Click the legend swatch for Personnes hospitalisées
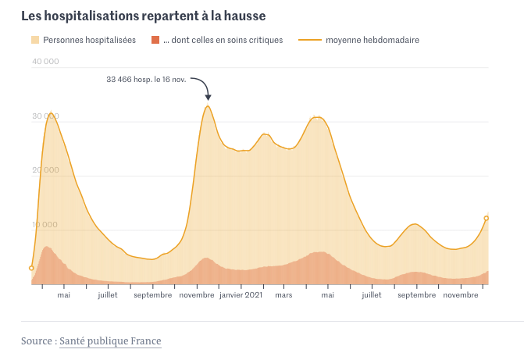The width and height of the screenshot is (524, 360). pyautogui.click(x=35, y=40)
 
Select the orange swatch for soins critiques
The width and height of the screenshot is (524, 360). pyautogui.click(x=155, y=40)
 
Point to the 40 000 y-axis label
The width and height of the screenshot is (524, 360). pyautogui.click(x=46, y=62)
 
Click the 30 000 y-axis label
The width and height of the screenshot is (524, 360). pyautogui.click(x=46, y=116)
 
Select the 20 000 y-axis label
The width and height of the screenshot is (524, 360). pyautogui.click(x=46, y=170)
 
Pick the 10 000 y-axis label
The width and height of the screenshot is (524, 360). pyautogui.click(x=46, y=225)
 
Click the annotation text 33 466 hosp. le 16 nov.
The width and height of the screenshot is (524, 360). pyautogui.click(x=146, y=80)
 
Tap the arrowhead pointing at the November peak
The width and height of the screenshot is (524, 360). pyautogui.click(x=209, y=98)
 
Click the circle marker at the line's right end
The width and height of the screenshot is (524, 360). pyautogui.click(x=487, y=219)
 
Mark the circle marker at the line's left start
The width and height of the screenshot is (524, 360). pyautogui.click(x=31, y=268)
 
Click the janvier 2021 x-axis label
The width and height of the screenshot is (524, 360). pyautogui.click(x=241, y=295)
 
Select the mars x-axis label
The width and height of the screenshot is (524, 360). pyautogui.click(x=283, y=295)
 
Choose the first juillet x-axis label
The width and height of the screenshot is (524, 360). pyautogui.click(x=108, y=295)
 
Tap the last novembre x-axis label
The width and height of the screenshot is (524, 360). pyautogui.click(x=462, y=295)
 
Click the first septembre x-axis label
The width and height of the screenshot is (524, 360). pyautogui.click(x=152, y=295)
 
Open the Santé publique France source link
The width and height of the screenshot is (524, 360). pyautogui.click(x=110, y=341)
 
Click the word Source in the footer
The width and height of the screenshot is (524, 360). pyautogui.click(x=37, y=341)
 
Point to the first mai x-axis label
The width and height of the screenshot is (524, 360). pyautogui.click(x=63, y=295)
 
